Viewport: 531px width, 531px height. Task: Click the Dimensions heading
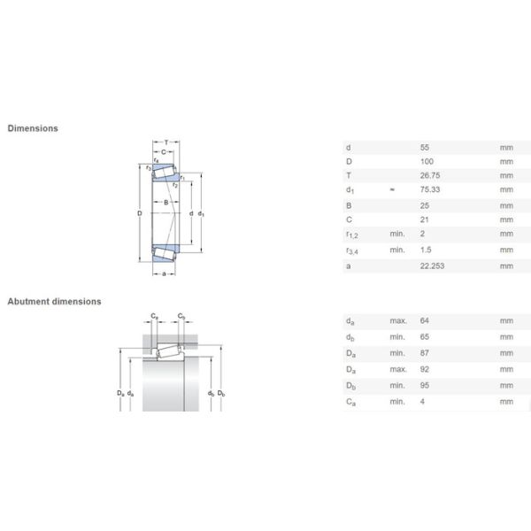tap(33, 128)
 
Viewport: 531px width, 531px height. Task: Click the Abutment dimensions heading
tap(54, 301)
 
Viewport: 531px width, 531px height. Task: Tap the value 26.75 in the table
tap(428, 175)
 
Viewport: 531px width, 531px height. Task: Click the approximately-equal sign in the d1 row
tap(391, 190)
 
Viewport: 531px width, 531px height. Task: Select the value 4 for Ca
tap(421, 401)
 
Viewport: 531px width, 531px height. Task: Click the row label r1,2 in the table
tap(352, 235)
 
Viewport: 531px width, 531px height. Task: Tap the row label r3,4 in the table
tap(352, 250)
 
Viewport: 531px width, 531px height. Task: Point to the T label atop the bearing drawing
tap(165, 142)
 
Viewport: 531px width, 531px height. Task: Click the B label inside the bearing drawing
tap(165, 204)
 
